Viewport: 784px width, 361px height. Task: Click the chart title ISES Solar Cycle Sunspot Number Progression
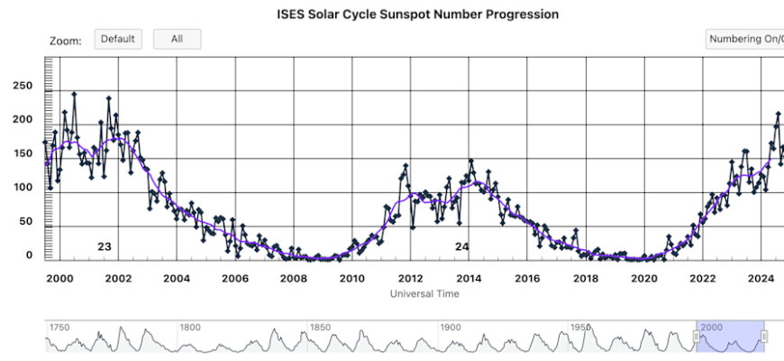tap(417, 14)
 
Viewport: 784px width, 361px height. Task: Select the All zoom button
tap(177, 39)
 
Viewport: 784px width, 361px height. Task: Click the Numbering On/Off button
tap(745, 40)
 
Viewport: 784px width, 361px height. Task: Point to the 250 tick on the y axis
tap(20, 86)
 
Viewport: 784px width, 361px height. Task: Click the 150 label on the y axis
tap(20, 153)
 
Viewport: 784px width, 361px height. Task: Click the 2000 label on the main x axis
tap(59, 278)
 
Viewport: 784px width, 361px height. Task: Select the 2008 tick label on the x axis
tap(293, 278)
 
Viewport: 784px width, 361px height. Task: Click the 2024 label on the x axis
tap(761, 278)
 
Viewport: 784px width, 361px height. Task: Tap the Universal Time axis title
tap(424, 294)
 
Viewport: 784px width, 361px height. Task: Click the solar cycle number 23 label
tap(105, 246)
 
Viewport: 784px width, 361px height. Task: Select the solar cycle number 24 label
tap(462, 246)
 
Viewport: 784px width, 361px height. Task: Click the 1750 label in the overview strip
tap(59, 327)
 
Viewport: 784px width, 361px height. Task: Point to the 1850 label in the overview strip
tap(320, 327)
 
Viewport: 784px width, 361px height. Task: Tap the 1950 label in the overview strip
tap(581, 327)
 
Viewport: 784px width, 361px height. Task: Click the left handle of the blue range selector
tap(696, 337)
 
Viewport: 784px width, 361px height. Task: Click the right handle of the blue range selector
tap(764, 337)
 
